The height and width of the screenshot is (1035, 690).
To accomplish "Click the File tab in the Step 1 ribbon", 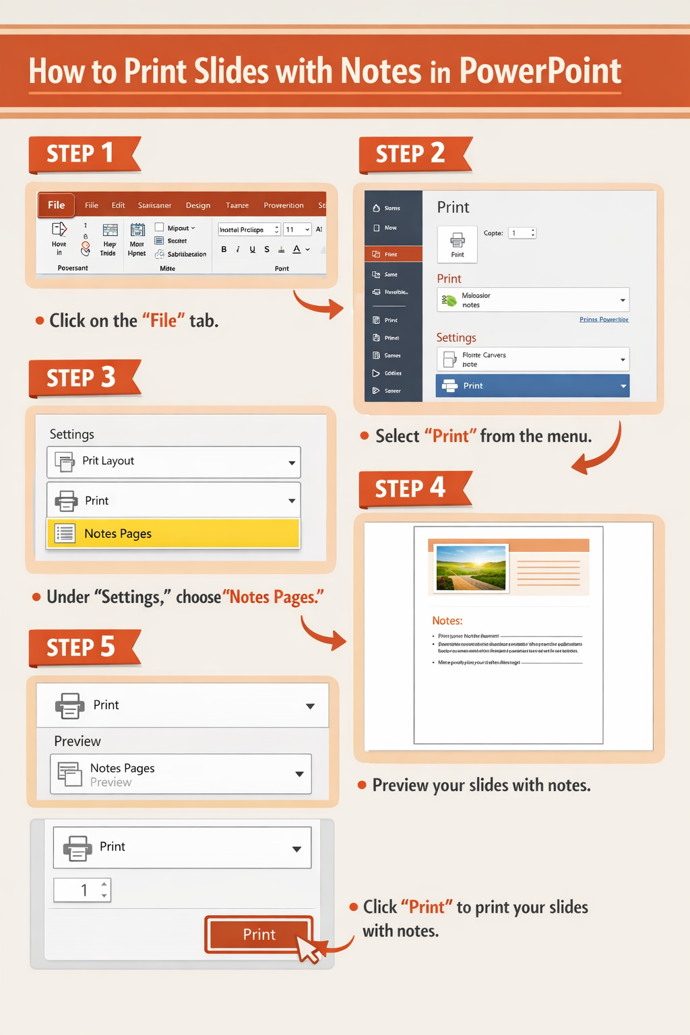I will tap(57, 205).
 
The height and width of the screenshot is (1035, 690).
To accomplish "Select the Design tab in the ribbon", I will tap(198, 206).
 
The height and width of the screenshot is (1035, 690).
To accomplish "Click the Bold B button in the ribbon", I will tap(224, 249).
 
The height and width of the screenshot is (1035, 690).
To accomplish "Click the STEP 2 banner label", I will tap(410, 154).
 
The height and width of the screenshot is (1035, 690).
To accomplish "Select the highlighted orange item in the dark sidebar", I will tap(394, 254).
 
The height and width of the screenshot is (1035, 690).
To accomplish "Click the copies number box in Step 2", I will tap(522, 233).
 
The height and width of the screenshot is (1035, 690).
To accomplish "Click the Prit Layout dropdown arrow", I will tap(292, 462).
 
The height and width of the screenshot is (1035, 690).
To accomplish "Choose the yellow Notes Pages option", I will tap(173, 534).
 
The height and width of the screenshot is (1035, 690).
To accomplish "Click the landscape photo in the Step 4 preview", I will tap(471, 567).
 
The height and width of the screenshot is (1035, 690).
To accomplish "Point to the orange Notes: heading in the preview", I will tap(447, 621).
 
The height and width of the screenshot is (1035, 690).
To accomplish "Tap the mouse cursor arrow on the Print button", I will tap(309, 950).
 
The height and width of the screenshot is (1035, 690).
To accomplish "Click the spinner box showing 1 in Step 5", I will tap(82, 890).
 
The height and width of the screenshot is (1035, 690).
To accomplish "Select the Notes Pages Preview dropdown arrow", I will tap(299, 774).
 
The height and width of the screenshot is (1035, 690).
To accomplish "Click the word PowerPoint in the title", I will tap(540, 71).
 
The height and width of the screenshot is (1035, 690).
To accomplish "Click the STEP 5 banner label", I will tap(81, 648).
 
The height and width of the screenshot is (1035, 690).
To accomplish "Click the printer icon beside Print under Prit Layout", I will tap(66, 501).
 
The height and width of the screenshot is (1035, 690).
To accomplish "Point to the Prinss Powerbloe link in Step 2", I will tap(604, 319).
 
